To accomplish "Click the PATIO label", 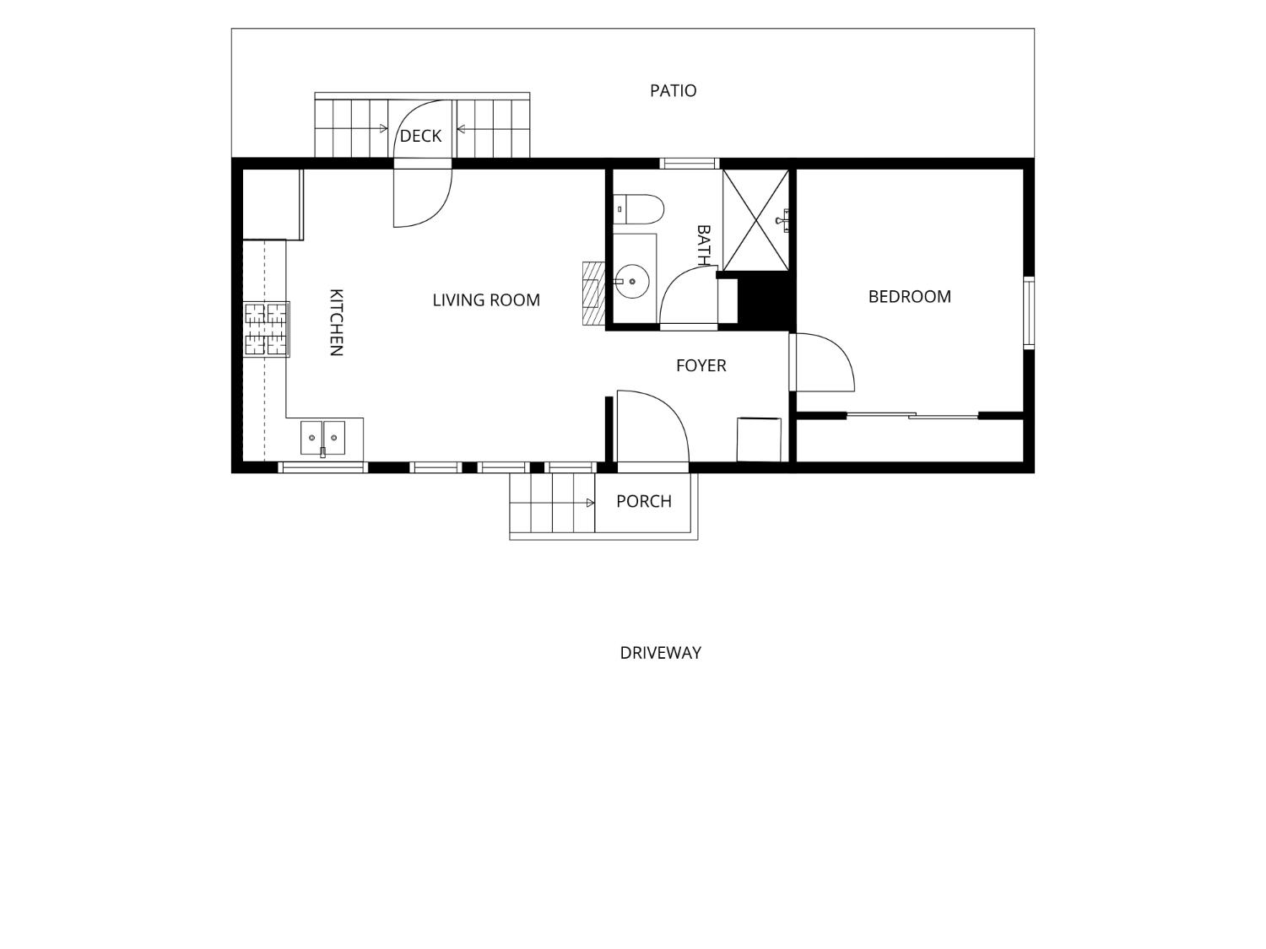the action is click(x=673, y=90).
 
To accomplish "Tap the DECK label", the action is click(x=420, y=136).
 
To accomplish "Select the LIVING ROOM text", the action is click(x=486, y=300).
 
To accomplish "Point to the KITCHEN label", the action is click(x=336, y=323).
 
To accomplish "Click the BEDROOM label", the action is click(x=910, y=297).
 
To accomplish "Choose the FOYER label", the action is click(x=701, y=365).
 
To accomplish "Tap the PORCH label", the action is click(x=644, y=501).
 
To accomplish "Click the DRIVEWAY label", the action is click(x=660, y=653).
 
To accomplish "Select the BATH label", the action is click(x=704, y=245).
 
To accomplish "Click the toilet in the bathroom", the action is click(x=638, y=209).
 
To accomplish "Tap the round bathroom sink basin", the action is click(x=632, y=282).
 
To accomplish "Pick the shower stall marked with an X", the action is click(x=755, y=220).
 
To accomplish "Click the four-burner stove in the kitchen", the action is click(x=267, y=329).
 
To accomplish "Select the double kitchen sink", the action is click(x=322, y=438).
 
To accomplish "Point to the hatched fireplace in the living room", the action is click(x=593, y=294).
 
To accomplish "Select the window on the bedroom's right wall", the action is click(x=1029, y=313).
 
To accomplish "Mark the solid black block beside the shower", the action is click(x=764, y=301).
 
